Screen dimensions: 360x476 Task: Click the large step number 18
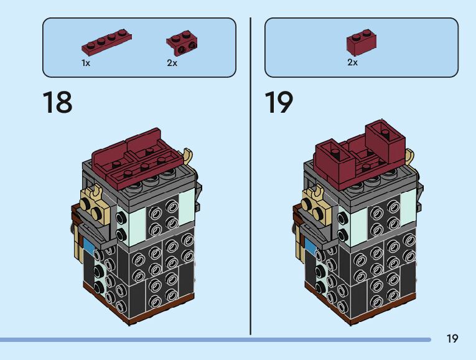tap(57, 102)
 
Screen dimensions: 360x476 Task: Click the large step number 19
tap(279, 102)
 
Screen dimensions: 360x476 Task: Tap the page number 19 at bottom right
tap(452, 339)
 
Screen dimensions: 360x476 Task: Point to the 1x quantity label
tap(86, 63)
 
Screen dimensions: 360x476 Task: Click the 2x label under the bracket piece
tap(172, 63)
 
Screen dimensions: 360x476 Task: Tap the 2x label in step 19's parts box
tap(352, 62)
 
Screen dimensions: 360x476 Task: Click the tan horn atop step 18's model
tap(189, 154)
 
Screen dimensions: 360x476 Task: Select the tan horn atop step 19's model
tap(411, 156)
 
